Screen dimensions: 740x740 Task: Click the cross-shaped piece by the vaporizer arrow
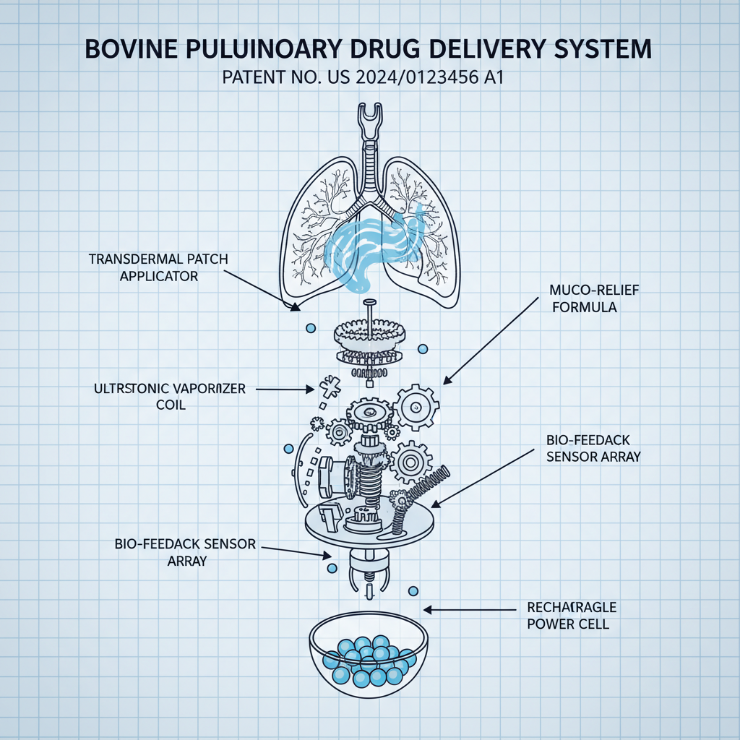point(327,387)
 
